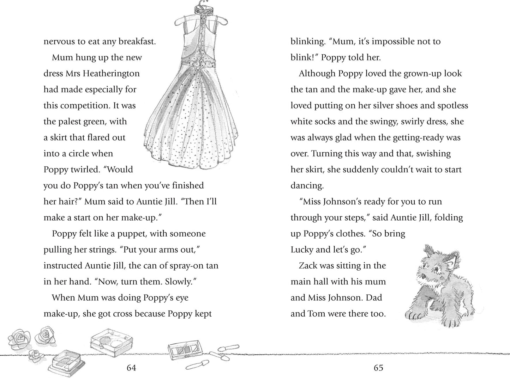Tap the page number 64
(131, 368)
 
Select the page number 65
(378, 368)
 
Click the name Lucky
(302, 250)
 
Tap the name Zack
(308, 266)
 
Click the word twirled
(85, 170)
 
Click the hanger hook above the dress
(202, 7)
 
